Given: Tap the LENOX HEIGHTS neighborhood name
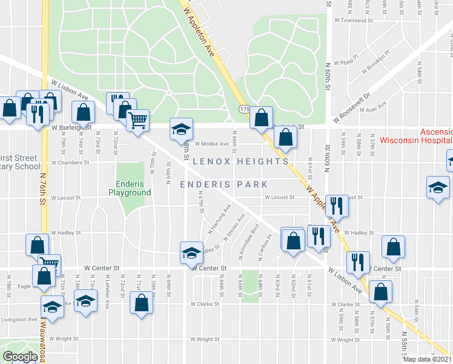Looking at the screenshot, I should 241,162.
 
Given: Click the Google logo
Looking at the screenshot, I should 20,357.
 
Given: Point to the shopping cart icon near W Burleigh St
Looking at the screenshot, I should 138,121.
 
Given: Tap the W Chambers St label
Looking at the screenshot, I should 70,163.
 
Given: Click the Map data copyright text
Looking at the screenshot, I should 428,359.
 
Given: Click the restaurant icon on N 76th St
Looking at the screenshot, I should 38,115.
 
